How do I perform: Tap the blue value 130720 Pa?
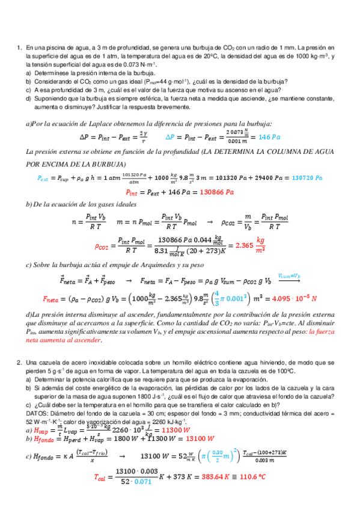point(304,178)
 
